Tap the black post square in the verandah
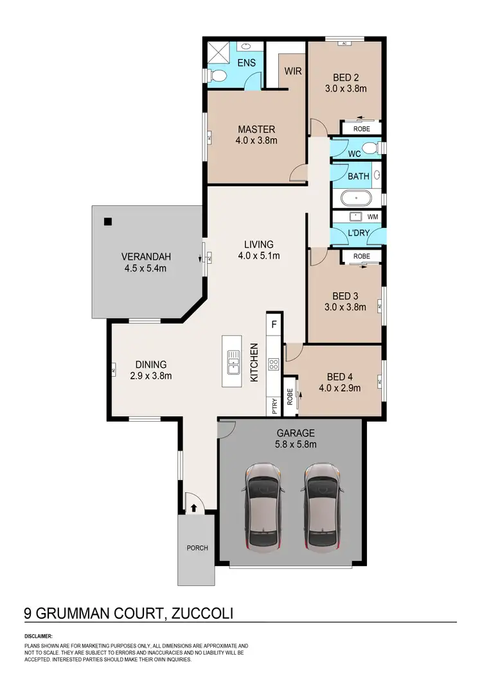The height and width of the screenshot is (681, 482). pyautogui.click(x=107, y=222)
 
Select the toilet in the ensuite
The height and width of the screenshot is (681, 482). pyautogui.click(x=218, y=76)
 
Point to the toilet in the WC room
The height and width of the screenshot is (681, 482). pyautogui.click(x=369, y=149)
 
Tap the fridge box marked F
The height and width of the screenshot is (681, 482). pyautogui.click(x=274, y=323)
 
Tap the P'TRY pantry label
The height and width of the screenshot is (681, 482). pyautogui.click(x=274, y=406)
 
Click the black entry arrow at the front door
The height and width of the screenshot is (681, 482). pyautogui.click(x=193, y=508)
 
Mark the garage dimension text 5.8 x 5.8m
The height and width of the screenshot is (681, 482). pyautogui.click(x=290, y=444)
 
